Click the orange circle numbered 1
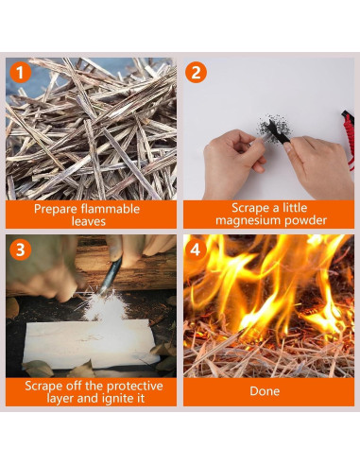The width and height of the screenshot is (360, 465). tap(20, 73)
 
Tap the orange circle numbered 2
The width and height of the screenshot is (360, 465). tap(196, 72)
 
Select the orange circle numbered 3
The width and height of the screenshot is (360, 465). tap(20, 250)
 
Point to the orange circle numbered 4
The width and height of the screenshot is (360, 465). tap(196, 250)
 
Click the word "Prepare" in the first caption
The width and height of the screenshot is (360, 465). tap(56, 209)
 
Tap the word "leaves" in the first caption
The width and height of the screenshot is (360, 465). tap(89, 221)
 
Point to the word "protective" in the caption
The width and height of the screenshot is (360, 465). tap(136, 387)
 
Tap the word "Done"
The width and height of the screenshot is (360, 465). tap(265, 391)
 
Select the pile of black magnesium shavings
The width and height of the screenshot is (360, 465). tap(275, 128)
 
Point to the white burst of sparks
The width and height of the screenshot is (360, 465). tap(103, 304)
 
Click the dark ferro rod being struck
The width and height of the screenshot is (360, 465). tap(111, 274)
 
